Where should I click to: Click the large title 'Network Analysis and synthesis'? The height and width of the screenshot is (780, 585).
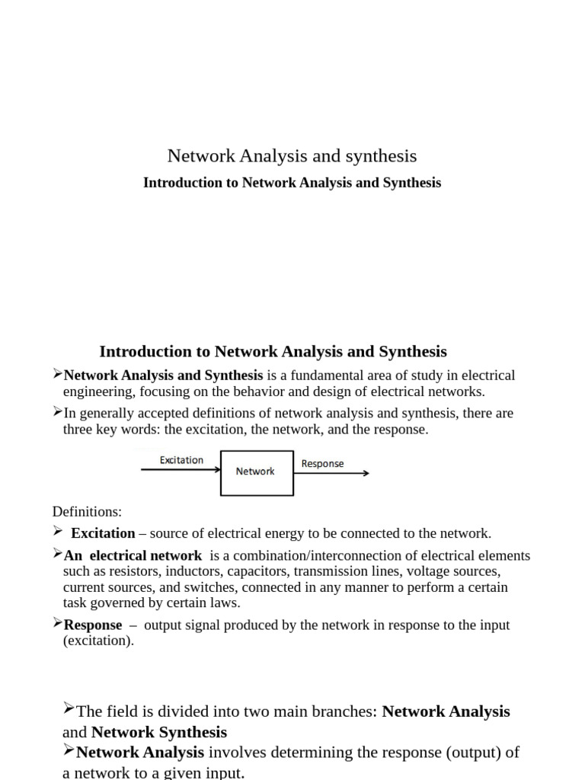tap(292, 156)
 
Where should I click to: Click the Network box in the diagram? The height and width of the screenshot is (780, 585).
tap(256, 472)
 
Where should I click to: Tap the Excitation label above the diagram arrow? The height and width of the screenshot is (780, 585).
tap(181, 460)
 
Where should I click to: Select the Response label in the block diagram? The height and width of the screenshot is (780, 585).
tap(322, 463)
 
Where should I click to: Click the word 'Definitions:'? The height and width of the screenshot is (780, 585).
tap(87, 511)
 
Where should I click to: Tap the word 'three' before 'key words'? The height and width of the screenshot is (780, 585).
tap(78, 429)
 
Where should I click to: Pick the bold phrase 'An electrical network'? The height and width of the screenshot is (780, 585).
tap(133, 556)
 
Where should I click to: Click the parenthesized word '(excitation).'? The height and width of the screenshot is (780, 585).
tap(98, 641)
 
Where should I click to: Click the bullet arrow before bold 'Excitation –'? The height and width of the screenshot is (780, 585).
tap(59, 531)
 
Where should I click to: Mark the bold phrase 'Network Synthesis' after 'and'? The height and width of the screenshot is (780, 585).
tap(159, 733)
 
